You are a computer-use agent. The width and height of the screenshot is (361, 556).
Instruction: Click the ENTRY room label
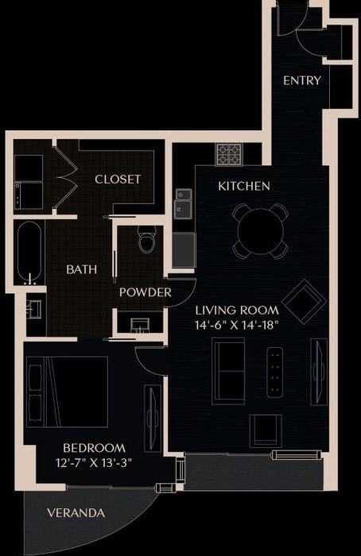point(302,80)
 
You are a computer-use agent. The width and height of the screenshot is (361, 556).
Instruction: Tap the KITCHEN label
point(244,187)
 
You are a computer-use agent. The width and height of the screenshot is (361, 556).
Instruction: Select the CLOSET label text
point(118,180)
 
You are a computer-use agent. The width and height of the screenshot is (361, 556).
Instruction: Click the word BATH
point(82,269)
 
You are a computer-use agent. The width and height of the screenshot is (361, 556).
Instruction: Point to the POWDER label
point(146,292)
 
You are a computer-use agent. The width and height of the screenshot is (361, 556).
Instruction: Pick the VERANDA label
point(76,513)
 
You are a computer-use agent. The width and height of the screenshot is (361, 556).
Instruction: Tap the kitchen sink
point(184,203)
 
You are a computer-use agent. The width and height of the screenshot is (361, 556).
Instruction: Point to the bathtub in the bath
point(30,253)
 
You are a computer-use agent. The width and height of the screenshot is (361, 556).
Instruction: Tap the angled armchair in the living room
point(304,301)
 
